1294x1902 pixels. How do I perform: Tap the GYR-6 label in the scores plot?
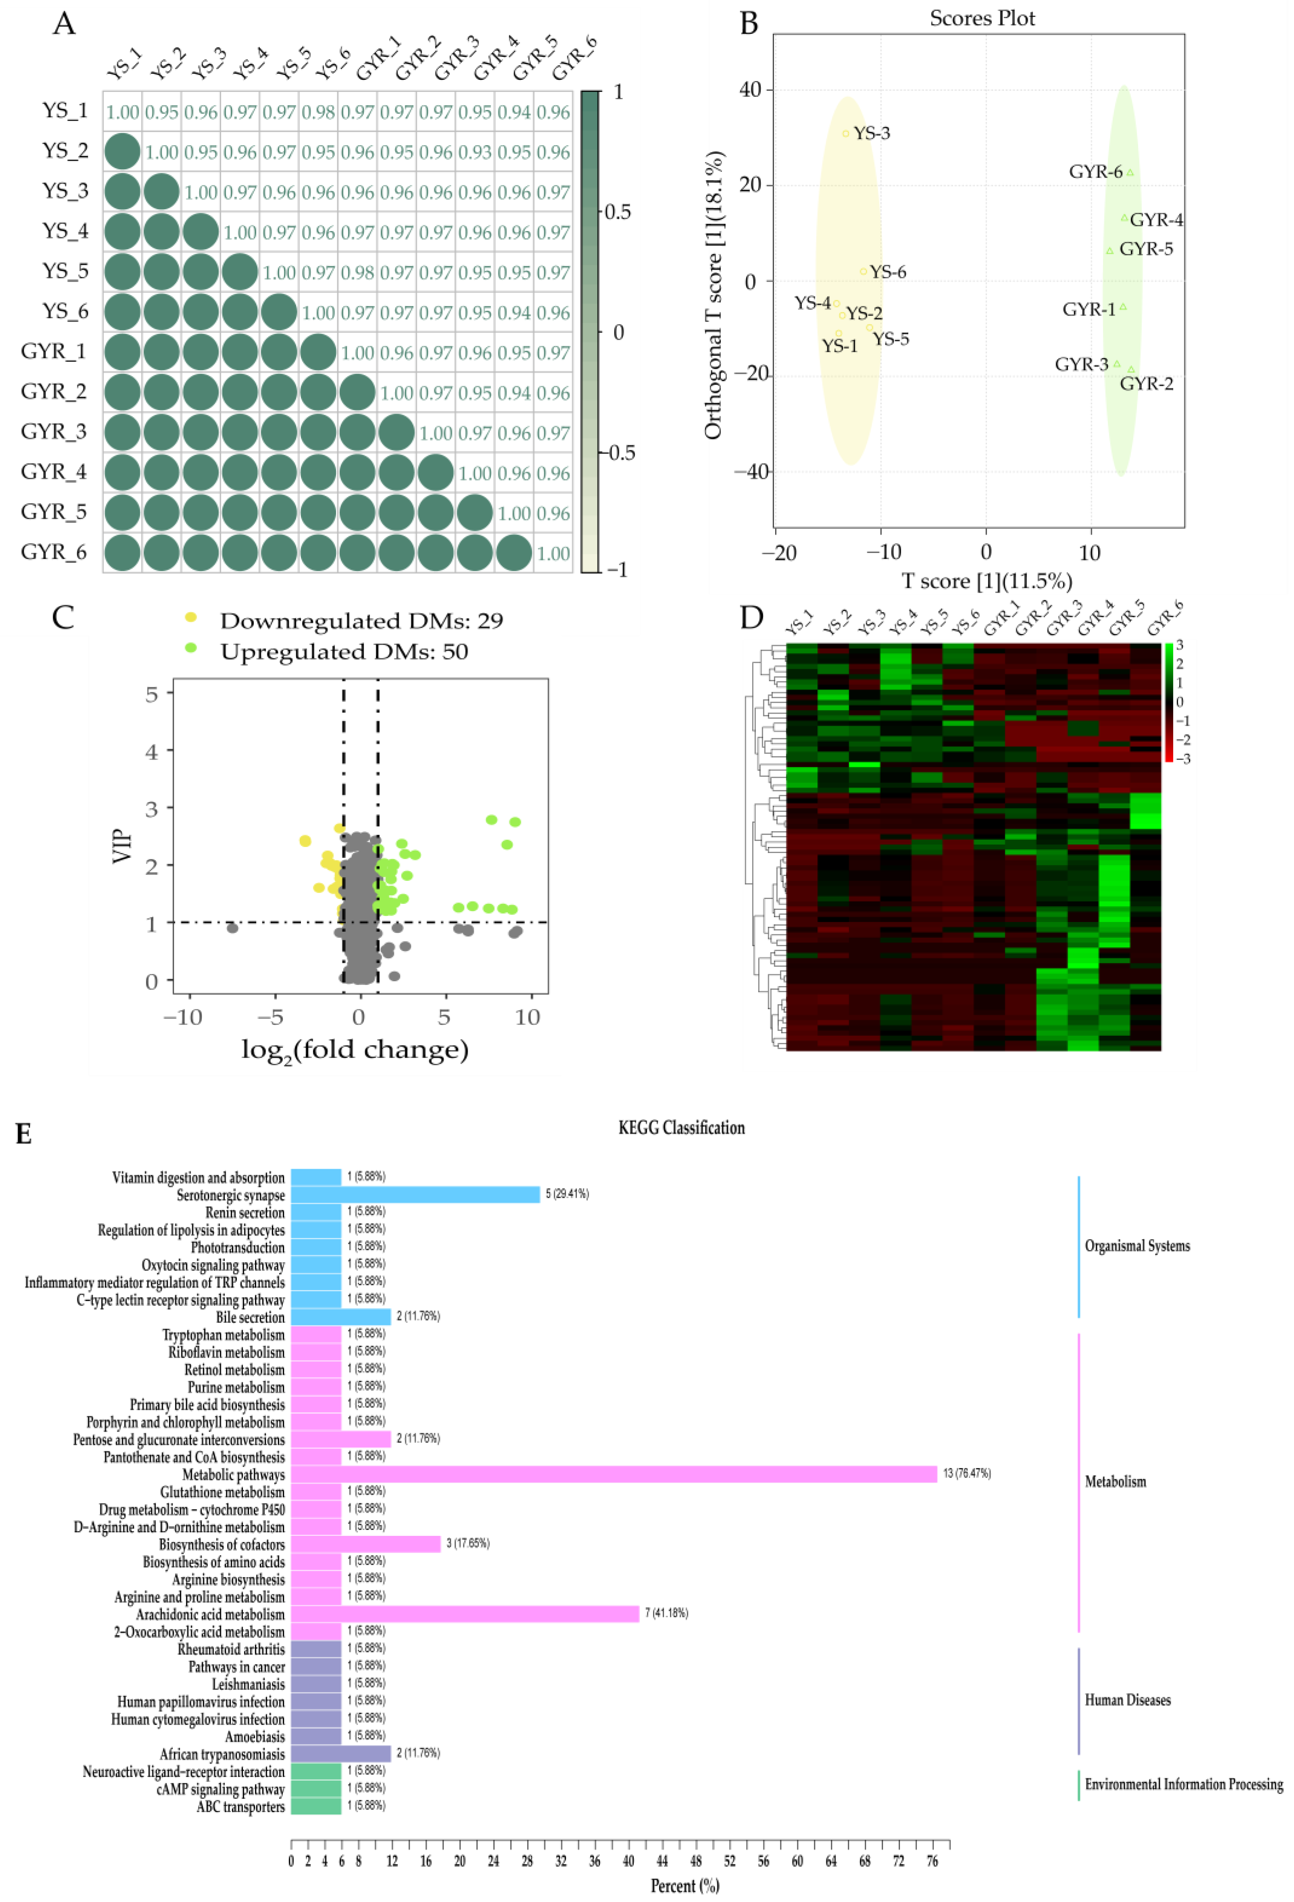coord(1095,172)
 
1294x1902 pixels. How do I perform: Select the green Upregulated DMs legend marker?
coord(191,647)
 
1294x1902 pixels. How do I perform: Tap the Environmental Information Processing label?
coord(1183,1784)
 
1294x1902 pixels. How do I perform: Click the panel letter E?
coord(24,1134)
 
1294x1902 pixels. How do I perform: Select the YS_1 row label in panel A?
coord(64,110)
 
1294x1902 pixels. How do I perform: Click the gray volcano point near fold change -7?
coord(232,927)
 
